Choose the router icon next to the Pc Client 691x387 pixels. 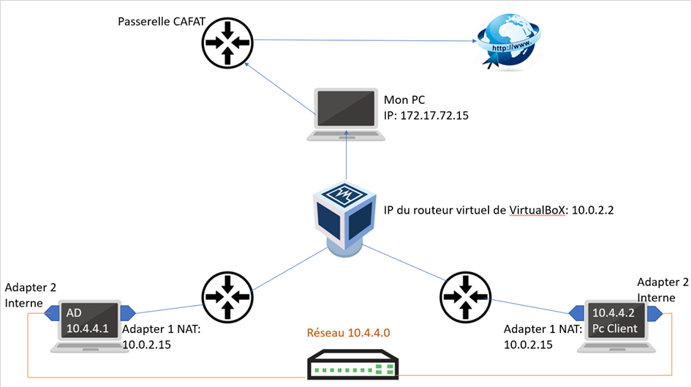click(464, 296)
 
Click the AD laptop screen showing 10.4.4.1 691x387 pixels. click(87, 320)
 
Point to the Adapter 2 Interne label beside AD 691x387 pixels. click(29, 296)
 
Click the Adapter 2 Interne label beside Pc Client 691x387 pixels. click(662, 290)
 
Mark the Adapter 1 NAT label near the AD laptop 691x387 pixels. click(162, 337)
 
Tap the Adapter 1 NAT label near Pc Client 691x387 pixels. click(542, 337)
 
